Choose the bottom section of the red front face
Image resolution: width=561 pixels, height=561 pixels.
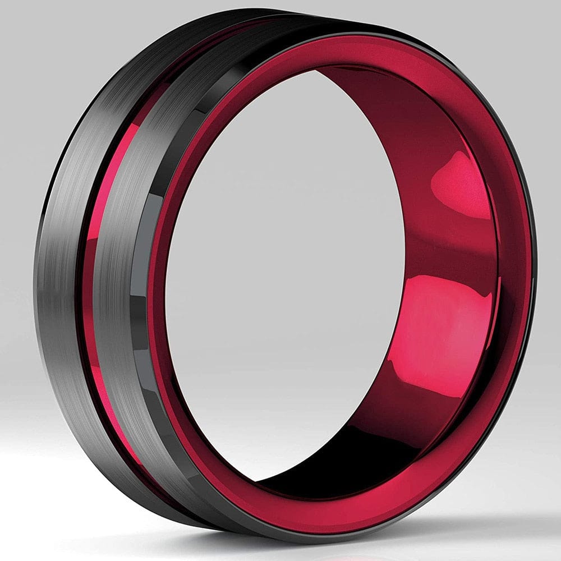(314, 513)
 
